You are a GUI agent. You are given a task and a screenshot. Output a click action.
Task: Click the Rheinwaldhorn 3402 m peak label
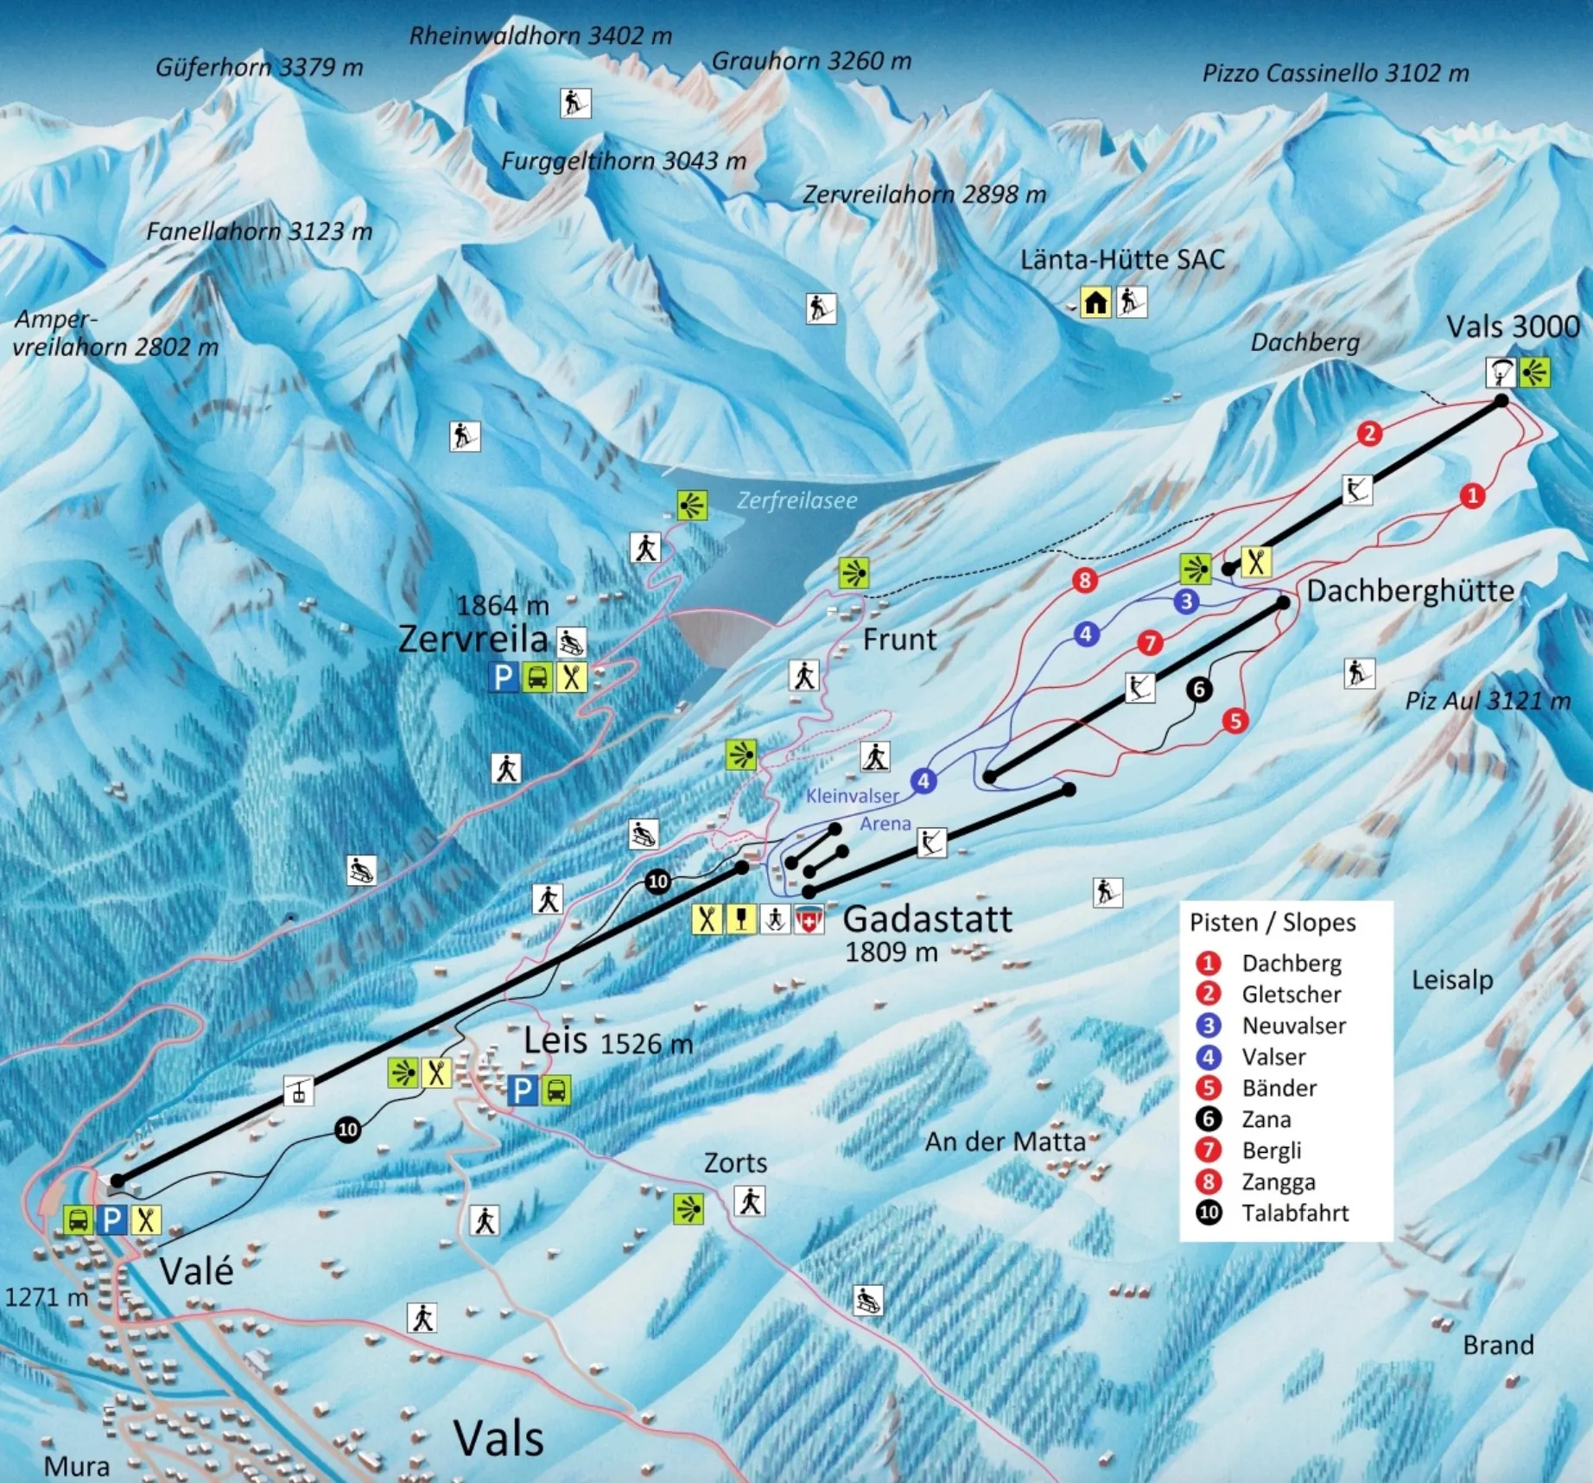pyautogui.click(x=540, y=35)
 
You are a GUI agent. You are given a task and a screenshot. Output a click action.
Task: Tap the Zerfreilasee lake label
pyautogui.click(x=796, y=500)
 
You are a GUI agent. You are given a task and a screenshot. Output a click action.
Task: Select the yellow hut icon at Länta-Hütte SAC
pyautogui.click(x=1095, y=302)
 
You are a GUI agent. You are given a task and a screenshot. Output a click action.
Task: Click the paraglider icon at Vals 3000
pyautogui.click(x=1501, y=372)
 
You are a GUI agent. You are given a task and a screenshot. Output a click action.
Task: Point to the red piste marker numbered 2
pyautogui.click(x=1369, y=433)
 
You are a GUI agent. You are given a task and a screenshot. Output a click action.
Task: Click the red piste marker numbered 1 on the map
pyautogui.click(x=1472, y=495)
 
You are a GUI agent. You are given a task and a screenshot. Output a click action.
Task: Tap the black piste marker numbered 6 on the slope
pyautogui.click(x=1198, y=689)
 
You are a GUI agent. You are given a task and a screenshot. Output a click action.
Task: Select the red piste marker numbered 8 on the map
pyautogui.click(x=1085, y=580)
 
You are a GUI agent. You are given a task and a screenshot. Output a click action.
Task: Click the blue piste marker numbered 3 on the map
pyautogui.click(x=1186, y=601)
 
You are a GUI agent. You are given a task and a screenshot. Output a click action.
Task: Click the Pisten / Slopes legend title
pyautogui.click(x=1272, y=922)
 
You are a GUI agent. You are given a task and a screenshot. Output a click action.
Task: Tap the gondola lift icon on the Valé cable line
pyautogui.click(x=299, y=1091)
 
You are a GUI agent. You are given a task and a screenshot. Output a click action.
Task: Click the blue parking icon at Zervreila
pyautogui.click(x=504, y=677)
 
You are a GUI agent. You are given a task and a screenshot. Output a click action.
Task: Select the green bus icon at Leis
pyautogui.click(x=556, y=1091)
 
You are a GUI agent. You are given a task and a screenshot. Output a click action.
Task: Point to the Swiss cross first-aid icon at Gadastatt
pyautogui.click(x=809, y=920)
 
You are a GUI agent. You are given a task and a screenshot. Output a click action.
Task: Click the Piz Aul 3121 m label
pyautogui.click(x=1487, y=700)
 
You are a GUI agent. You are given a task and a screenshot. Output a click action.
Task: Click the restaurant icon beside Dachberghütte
pyautogui.click(x=1255, y=562)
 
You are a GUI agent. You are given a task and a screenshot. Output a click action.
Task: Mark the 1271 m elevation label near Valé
pyautogui.click(x=47, y=1297)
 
